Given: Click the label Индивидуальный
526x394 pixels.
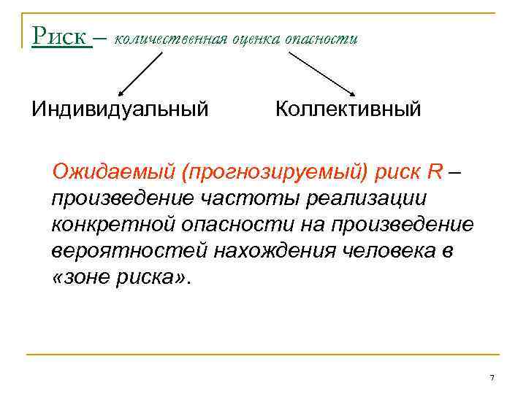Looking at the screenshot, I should pos(120,109).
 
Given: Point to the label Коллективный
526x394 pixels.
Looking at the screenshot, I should pos(348,109).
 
